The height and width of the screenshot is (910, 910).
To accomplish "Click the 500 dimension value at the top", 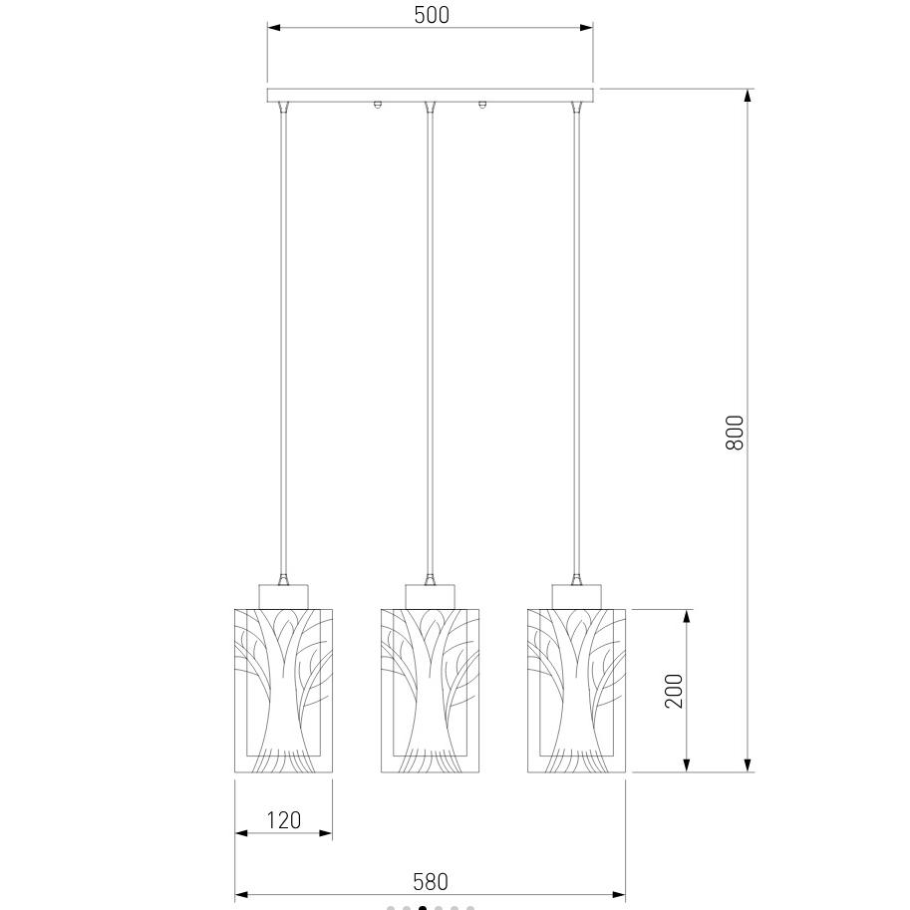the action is [432, 15].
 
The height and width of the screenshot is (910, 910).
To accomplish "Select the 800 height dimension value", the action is [735, 432].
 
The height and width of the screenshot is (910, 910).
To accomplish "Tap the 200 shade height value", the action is [673, 691].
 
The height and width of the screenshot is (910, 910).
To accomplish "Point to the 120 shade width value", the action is [283, 820].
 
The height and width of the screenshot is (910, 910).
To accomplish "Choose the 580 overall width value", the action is [430, 881].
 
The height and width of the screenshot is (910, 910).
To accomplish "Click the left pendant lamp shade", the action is [283, 691].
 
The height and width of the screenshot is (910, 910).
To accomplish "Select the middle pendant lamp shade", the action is [430, 691].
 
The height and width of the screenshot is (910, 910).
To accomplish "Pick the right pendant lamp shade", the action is [576, 691].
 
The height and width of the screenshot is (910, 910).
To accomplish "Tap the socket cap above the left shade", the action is [283, 597].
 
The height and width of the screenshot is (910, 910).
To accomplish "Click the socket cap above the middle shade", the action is [430, 597].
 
